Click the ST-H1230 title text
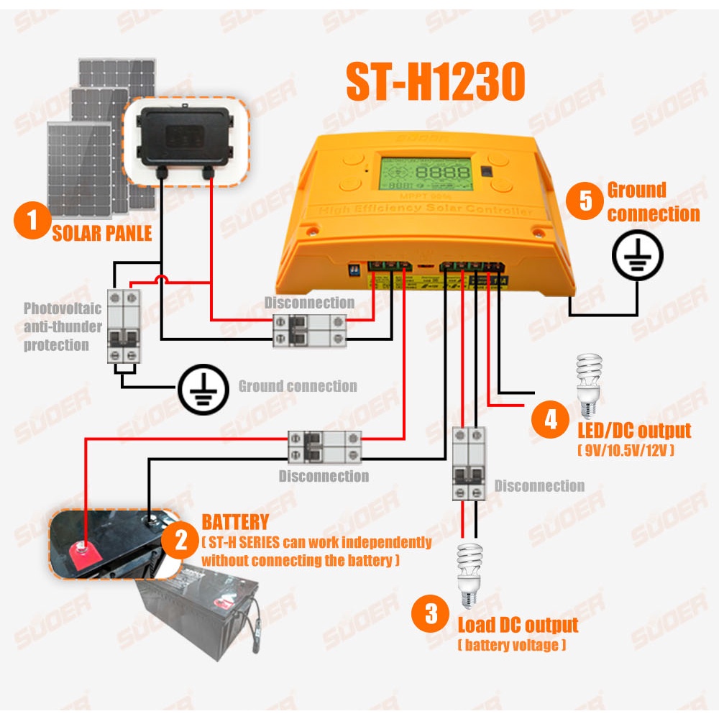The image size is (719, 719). pyautogui.click(x=435, y=83)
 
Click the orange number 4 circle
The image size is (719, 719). pyautogui.click(x=551, y=419)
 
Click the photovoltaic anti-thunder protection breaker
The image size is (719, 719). pyautogui.click(x=124, y=325)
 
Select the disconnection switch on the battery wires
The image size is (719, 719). pyautogui.click(x=324, y=446)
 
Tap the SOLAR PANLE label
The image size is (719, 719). pyautogui.click(x=101, y=233)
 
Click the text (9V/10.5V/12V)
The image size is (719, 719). pyautogui.click(x=626, y=451)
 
